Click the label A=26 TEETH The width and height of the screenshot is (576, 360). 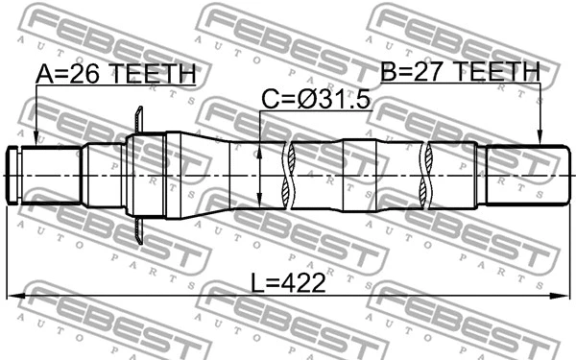[x=116, y=74]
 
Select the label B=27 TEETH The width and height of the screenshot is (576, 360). [x=460, y=71]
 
